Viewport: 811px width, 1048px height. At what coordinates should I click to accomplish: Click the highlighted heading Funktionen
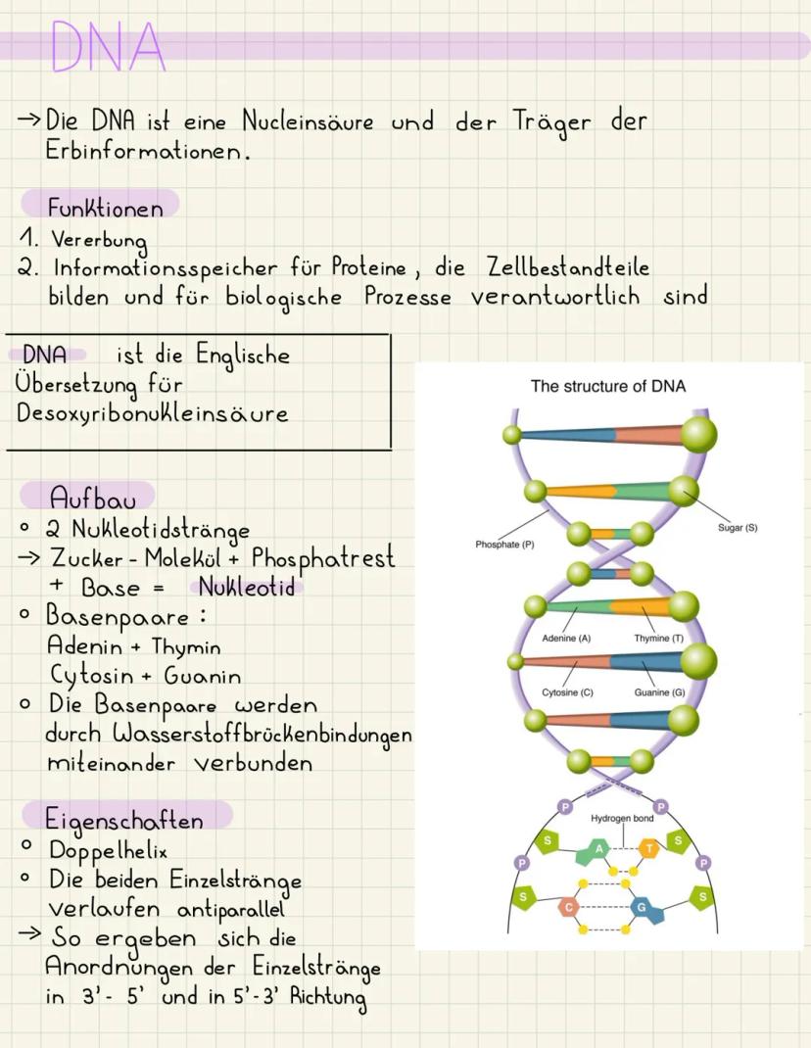[105, 208]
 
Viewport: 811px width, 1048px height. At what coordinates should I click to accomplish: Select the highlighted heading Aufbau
[92, 499]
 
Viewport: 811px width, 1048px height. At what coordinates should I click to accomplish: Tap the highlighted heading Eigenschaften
[123, 820]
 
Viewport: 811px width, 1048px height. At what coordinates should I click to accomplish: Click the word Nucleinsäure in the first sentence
[308, 121]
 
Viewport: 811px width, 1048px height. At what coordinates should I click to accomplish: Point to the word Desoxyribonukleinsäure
[153, 413]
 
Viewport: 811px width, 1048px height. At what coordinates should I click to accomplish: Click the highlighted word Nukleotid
[247, 588]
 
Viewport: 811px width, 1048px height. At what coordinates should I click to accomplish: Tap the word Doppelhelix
[108, 850]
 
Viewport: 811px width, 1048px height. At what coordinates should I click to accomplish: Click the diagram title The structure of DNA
[607, 386]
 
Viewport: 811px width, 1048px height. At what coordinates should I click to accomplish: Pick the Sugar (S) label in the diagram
[738, 527]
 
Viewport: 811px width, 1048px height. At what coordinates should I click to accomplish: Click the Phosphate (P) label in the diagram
[504, 545]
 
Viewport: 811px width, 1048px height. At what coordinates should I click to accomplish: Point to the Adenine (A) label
[566, 639]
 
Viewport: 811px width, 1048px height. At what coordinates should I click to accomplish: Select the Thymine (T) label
[658, 639]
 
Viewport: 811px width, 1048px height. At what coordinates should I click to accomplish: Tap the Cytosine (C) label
[568, 692]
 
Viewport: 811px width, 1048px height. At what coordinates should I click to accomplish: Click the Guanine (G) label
[660, 692]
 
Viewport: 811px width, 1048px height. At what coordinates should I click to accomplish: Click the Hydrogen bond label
[622, 818]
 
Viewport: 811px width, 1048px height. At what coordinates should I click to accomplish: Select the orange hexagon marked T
[648, 849]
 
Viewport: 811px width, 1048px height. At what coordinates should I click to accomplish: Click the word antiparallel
[231, 910]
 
